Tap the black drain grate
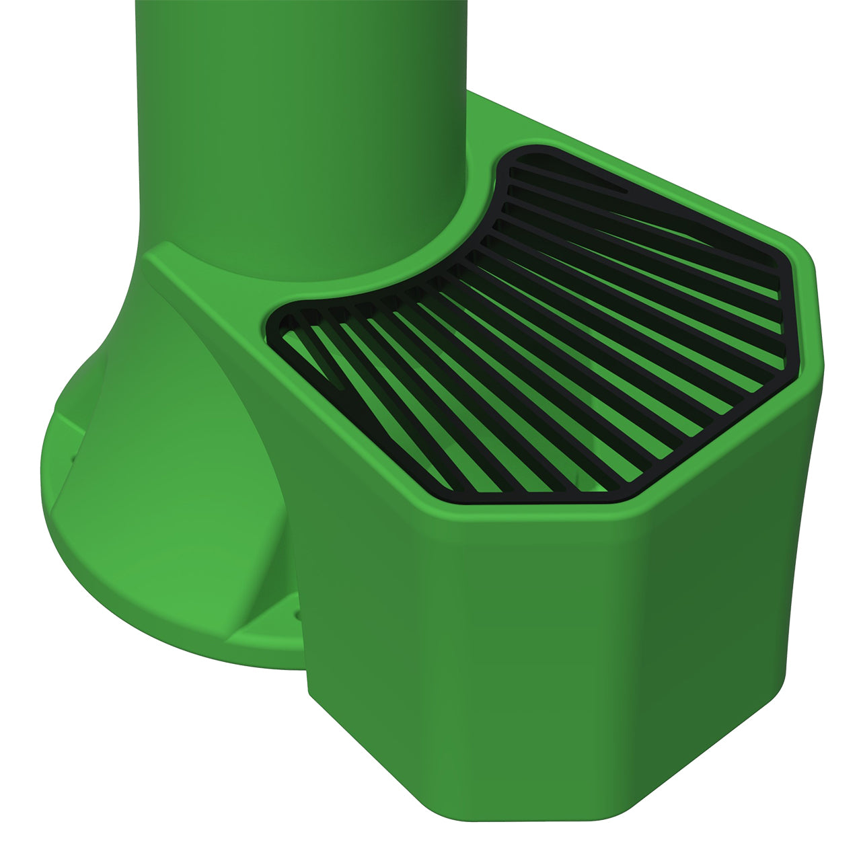[538, 336]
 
